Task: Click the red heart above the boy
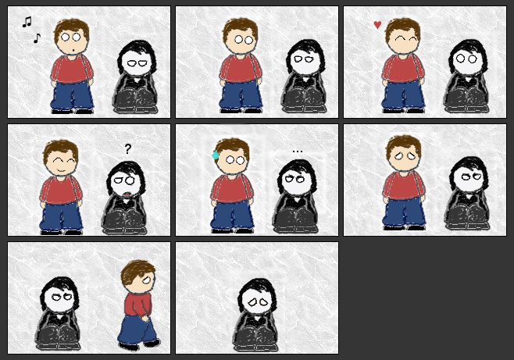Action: click(x=377, y=25)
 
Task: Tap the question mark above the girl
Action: click(x=128, y=148)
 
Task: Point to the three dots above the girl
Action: click(x=297, y=151)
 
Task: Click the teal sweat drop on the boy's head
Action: click(x=215, y=155)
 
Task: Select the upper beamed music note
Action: click(x=27, y=22)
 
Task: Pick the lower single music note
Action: click(x=37, y=37)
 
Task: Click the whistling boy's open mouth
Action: click(x=72, y=52)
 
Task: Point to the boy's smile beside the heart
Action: click(x=404, y=49)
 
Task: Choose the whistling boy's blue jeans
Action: click(x=72, y=96)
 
